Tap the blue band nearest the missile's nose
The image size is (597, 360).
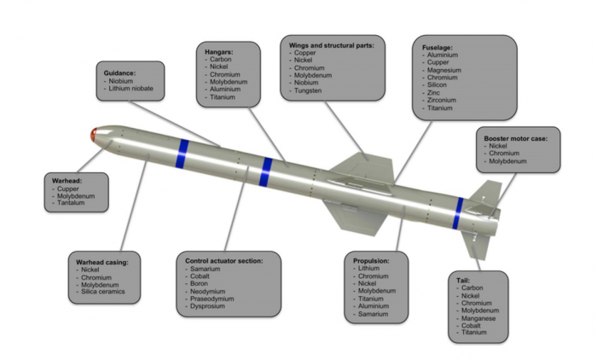pos(182,151)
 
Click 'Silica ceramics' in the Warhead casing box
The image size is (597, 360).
pos(107,291)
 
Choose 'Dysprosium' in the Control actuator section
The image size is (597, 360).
pos(212,305)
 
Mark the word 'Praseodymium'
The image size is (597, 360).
pos(217,295)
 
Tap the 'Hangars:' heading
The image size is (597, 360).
pos(220,52)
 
